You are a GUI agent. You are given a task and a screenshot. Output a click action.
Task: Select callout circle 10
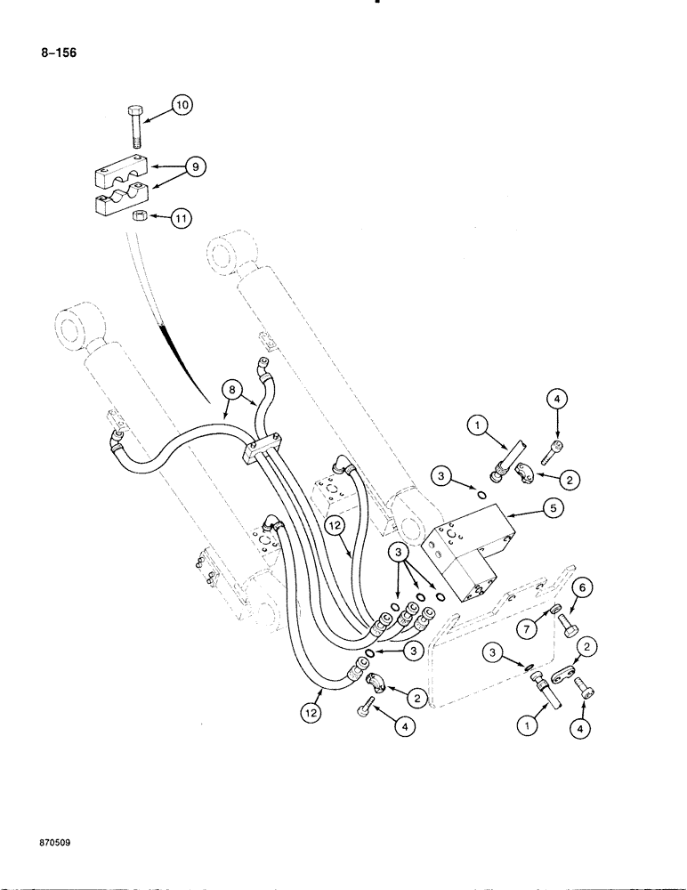(182, 106)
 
